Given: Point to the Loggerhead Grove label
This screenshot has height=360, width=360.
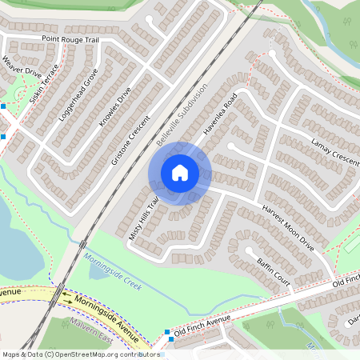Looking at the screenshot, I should coord(78,94).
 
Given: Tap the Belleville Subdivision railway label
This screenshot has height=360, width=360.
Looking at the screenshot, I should coord(182,118).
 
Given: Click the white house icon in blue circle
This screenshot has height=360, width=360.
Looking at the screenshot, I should coord(180,173).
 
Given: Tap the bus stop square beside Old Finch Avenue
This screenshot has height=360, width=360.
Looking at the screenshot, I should coord(167,332).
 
